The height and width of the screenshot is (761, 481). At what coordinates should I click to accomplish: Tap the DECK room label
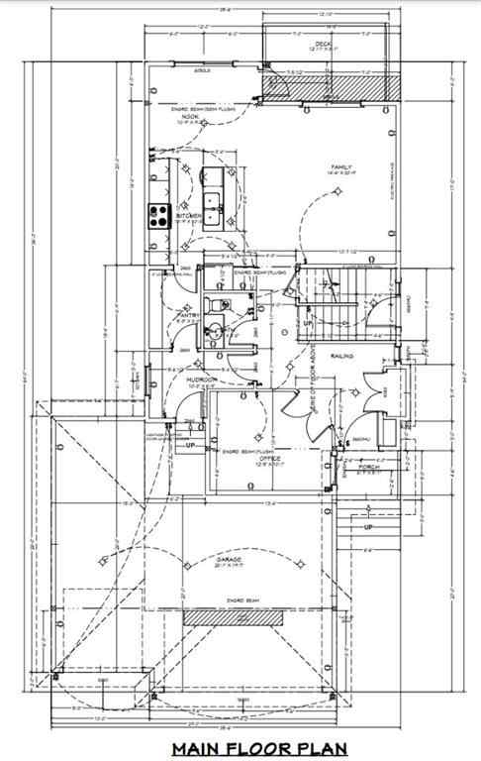[x=322, y=45]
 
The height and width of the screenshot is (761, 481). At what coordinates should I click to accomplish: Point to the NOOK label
[x=190, y=117]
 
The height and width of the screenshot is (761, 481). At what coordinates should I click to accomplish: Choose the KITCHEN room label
[x=188, y=216]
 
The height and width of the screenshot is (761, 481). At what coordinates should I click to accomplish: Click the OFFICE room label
[x=268, y=459]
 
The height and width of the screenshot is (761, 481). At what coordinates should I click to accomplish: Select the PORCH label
[x=370, y=467]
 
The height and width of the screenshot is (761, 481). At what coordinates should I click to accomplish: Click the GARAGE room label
[x=234, y=560]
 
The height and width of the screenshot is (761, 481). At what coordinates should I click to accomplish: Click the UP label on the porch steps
[x=368, y=526]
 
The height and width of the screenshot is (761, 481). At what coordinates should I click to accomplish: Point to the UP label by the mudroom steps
[x=189, y=446]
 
